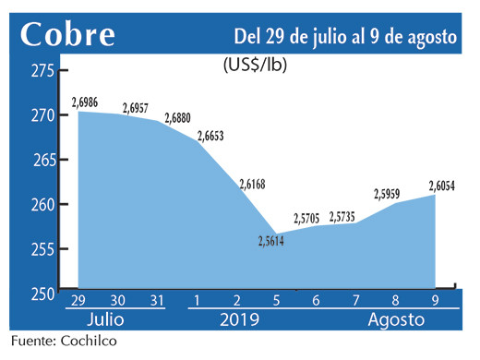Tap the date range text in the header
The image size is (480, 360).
point(346,37)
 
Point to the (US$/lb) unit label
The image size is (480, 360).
point(255,66)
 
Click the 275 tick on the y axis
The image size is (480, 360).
point(40,71)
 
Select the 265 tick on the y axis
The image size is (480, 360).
point(40,161)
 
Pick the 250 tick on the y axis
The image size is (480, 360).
point(40,294)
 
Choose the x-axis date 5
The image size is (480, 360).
point(276,300)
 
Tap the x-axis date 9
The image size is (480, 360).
point(435,300)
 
